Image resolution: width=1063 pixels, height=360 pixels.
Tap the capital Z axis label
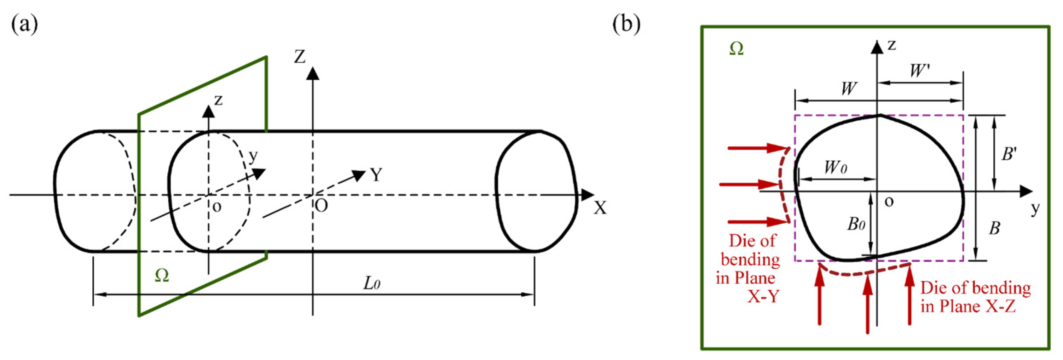[300, 57]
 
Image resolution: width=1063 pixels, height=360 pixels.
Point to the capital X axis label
[600, 208]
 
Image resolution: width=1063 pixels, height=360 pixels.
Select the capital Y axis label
[376, 175]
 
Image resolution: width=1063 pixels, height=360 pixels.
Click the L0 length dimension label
[371, 284]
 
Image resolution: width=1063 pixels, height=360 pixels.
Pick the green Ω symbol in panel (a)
[162, 276]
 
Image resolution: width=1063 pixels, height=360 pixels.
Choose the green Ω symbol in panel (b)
[736, 49]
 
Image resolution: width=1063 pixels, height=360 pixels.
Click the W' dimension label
[919, 71]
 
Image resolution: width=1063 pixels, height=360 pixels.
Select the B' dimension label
[1009, 154]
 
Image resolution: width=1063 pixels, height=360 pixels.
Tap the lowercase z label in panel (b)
[892, 45]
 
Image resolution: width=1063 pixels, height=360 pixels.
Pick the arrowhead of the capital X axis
[588, 194]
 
